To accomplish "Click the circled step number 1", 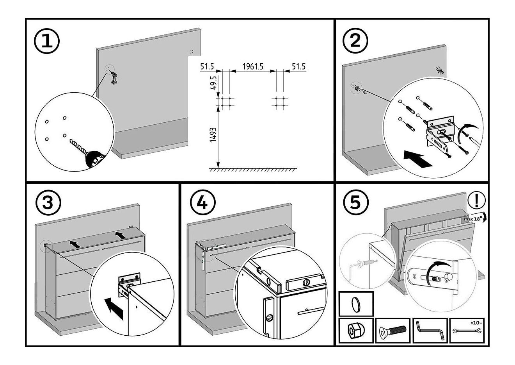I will pyautogui.click(x=47, y=43).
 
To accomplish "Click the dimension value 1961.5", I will pyautogui.click(x=252, y=67).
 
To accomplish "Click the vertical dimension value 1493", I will pyautogui.click(x=213, y=135).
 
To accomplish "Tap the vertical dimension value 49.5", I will pyautogui.click(x=213, y=84).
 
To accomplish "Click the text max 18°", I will pyautogui.click(x=473, y=219).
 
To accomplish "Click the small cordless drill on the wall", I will pyautogui.click(x=114, y=78).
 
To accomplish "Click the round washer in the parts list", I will pyautogui.click(x=355, y=304).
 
